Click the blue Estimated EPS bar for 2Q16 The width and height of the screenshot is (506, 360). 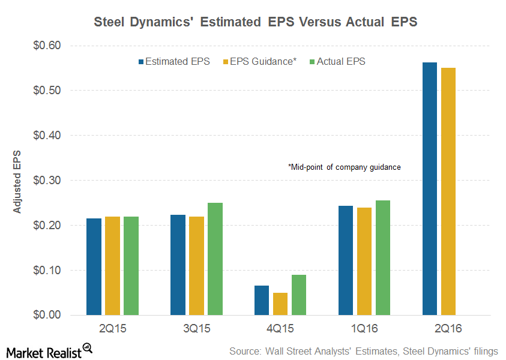[x=430, y=188]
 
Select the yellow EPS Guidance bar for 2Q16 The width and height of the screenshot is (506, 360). [x=448, y=191]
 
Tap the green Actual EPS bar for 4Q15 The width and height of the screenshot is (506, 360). [x=299, y=295]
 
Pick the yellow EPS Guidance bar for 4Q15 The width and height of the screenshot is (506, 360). [x=280, y=304]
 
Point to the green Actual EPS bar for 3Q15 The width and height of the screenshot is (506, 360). [x=215, y=259]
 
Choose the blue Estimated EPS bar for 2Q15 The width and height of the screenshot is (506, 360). [x=94, y=266]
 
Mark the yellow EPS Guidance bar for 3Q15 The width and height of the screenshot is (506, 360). [x=196, y=265]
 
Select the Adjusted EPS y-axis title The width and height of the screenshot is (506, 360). [x=17, y=181]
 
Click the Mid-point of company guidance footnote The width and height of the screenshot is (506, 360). [x=344, y=167]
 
